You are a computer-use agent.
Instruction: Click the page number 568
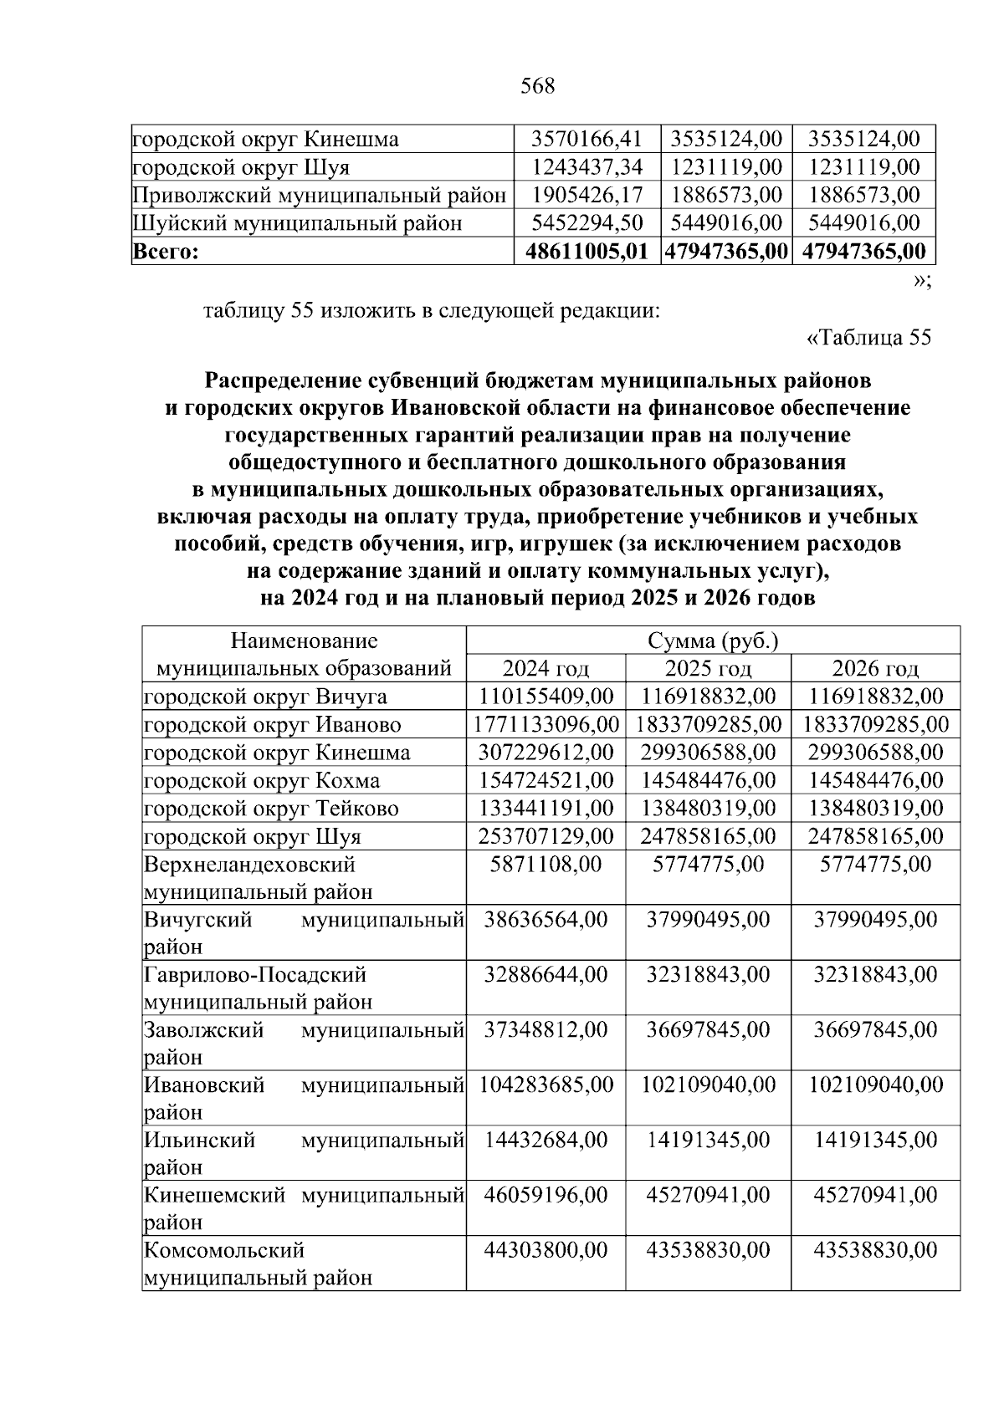(537, 86)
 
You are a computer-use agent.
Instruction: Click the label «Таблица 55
(868, 338)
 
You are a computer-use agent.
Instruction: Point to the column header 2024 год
(546, 668)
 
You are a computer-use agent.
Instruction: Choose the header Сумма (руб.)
(712, 641)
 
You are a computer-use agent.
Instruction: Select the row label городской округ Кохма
(261, 780)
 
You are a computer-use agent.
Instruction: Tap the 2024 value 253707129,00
(546, 836)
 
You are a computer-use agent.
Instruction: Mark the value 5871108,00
(546, 864)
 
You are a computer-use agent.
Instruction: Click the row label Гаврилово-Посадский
(255, 974)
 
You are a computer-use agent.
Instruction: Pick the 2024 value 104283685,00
(546, 1085)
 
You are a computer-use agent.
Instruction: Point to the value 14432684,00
(546, 1140)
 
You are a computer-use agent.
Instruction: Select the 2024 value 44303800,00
(546, 1250)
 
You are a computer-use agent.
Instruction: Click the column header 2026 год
(875, 668)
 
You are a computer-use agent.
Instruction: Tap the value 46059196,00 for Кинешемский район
(546, 1195)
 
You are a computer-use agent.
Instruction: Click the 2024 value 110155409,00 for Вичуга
(546, 697)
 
